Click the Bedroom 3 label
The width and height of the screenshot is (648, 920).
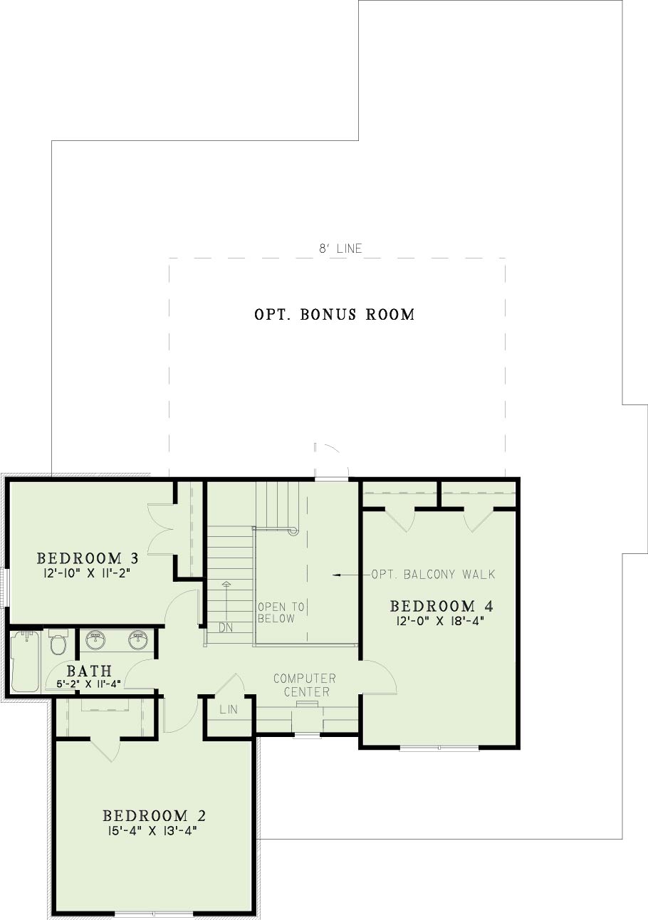coord(88,558)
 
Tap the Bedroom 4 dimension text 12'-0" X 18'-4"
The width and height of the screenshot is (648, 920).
coord(441,621)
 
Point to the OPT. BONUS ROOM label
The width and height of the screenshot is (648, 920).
coord(334,315)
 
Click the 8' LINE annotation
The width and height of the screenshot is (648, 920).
coord(341,249)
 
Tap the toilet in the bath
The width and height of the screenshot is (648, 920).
coord(58,642)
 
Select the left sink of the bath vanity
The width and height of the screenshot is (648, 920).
coord(95,640)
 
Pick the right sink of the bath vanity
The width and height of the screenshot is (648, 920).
coord(138,640)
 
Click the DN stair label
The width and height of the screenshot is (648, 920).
coord(226,628)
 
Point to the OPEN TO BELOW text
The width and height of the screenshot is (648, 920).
coord(281,612)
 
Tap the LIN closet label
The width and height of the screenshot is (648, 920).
coord(229,709)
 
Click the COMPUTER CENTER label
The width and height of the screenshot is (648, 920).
coord(305,685)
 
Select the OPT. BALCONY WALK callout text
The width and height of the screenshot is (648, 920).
coord(433,574)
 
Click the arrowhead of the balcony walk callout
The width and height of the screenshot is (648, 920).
coord(335,575)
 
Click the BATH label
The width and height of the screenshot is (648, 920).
coord(89,671)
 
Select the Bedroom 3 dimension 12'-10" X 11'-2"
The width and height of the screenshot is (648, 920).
coord(87,573)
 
